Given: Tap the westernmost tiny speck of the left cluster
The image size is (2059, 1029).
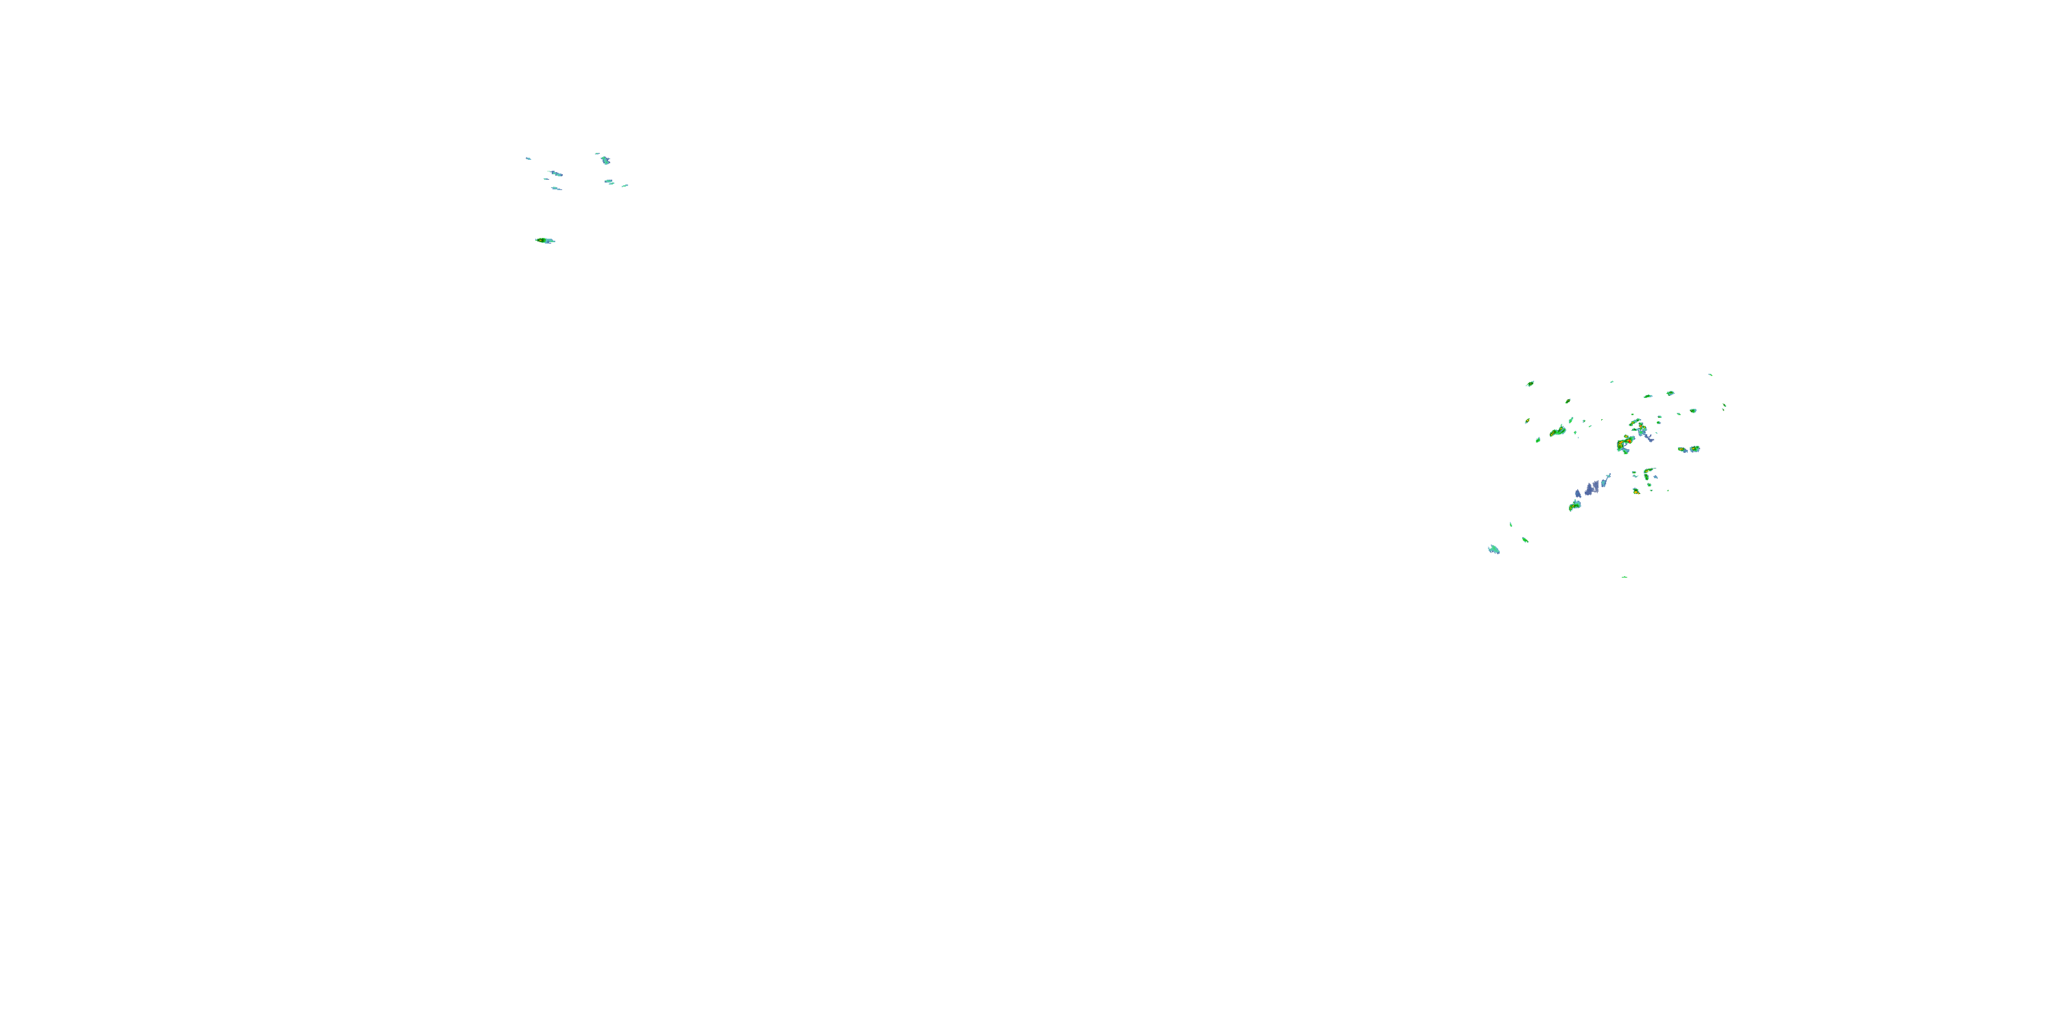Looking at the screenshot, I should click(x=528, y=158).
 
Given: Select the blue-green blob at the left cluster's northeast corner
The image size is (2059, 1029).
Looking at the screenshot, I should click(x=605, y=160).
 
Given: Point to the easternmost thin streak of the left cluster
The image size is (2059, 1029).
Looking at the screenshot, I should click(x=625, y=185).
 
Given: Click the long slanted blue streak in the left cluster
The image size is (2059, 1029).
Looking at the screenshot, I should click(x=555, y=174).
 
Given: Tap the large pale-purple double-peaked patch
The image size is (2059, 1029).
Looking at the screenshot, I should click(x=1592, y=487).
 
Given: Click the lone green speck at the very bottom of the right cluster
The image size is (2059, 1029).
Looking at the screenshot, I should click(x=1624, y=577).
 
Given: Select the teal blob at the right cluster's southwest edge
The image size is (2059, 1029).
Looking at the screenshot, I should click(x=1493, y=549).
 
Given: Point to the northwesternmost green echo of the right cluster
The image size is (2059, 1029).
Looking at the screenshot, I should click(x=1530, y=383).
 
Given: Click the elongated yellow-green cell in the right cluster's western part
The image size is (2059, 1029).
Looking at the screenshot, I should click(x=1558, y=431).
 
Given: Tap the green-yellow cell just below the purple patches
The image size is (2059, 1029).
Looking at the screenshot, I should click(x=1574, y=505).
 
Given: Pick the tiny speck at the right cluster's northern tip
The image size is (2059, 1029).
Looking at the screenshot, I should click(x=1710, y=375).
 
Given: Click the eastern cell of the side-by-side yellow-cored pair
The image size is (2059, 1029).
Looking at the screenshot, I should click(x=1695, y=449).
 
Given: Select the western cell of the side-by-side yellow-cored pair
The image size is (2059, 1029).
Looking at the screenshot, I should click(x=1682, y=450).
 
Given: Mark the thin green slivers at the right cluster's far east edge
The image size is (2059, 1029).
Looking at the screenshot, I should click(x=1724, y=407).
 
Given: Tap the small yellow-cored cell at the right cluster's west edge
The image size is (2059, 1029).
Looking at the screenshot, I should click(x=1538, y=440).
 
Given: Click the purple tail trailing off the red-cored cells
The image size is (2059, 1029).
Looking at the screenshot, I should click(x=1647, y=437).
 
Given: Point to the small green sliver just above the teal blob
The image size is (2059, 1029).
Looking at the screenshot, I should click(x=1511, y=525).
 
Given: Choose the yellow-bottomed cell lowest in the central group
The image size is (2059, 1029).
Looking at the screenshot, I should click(x=1636, y=491).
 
